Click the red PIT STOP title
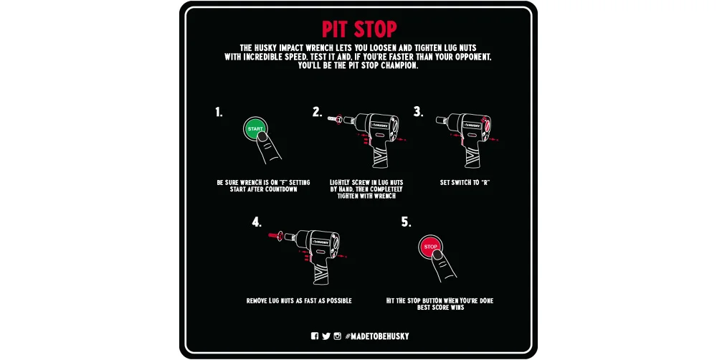tap(359, 29)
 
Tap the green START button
tap(255, 128)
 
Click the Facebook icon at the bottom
tap(315, 336)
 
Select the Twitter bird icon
tap(326, 336)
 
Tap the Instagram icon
tap(338, 336)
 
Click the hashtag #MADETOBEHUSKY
tap(377, 336)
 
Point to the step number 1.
tap(219, 112)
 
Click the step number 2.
tap(318, 112)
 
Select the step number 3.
tap(418, 112)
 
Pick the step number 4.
tap(257, 222)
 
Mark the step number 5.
tap(406, 222)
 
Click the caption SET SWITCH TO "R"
tap(465, 183)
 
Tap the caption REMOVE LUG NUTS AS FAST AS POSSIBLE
tap(299, 300)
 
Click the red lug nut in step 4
tap(275, 236)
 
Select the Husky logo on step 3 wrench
tap(472, 125)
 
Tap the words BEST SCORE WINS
tap(440, 308)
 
